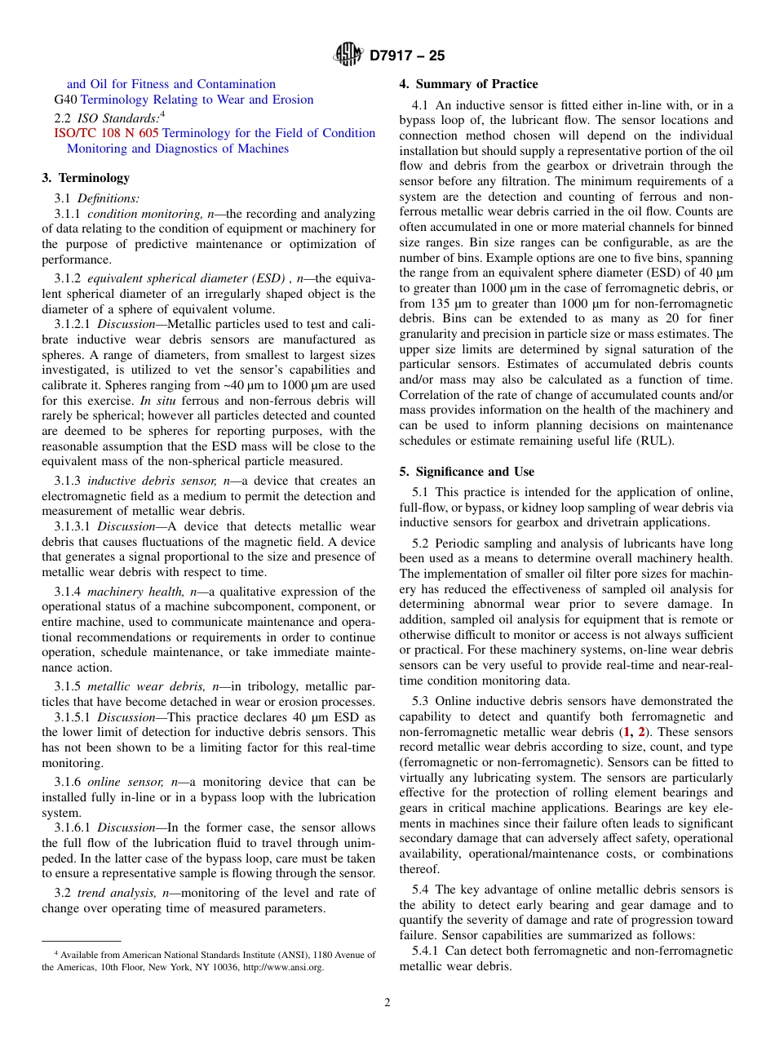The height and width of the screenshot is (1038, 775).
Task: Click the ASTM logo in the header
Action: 348,55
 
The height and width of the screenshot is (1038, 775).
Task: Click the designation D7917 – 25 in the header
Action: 407,56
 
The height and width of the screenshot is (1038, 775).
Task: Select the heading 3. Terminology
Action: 86,178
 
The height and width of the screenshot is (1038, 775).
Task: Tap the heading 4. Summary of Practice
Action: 468,84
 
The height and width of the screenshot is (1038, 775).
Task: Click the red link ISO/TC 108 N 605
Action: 106,133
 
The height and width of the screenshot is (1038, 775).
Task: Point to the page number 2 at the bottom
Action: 387,1003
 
